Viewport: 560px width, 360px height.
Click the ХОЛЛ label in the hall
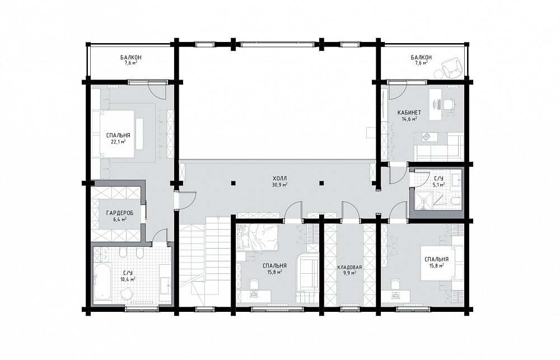pyautogui.click(x=279, y=178)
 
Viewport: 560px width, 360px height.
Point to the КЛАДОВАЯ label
pyautogui.click(x=349, y=267)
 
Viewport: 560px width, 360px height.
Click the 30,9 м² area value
pyautogui.click(x=279, y=185)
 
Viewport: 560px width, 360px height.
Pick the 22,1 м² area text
pyautogui.click(x=118, y=142)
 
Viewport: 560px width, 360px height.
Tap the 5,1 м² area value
pyautogui.click(x=438, y=185)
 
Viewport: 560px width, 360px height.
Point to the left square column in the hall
pyautogui.click(x=233, y=183)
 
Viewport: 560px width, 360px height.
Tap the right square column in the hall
pyautogui.click(x=321, y=183)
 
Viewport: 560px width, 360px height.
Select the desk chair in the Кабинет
pyautogui.click(x=448, y=104)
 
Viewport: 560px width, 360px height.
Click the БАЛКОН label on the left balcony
pyautogui.click(x=130, y=57)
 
